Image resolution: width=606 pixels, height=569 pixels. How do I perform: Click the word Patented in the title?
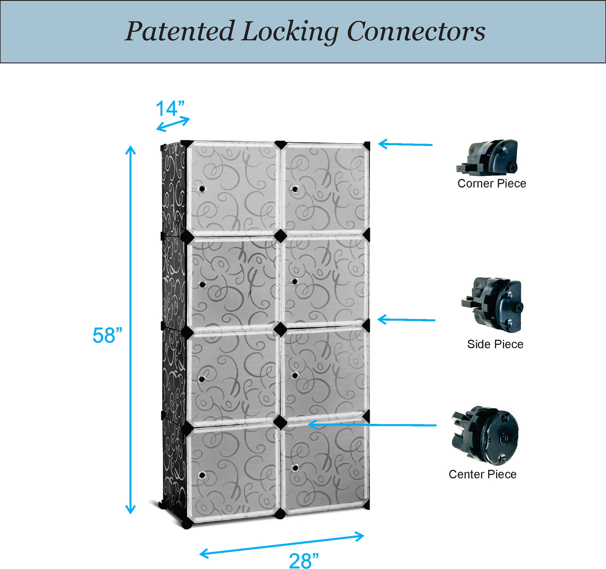pos(179,31)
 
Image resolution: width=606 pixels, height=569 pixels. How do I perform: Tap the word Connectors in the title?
pos(416,31)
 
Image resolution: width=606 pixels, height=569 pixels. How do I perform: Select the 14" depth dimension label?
pos(170,109)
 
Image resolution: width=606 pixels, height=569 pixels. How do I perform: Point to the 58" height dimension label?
pos(107,336)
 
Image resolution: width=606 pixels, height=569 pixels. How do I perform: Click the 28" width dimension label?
pos(304,561)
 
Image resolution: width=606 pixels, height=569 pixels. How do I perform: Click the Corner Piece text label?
pos(492,183)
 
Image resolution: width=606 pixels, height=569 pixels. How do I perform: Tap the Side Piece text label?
pos(495,344)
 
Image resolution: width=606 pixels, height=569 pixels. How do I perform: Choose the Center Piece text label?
pos(482,474)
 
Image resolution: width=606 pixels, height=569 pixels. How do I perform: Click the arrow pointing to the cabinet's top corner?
pos(405,144)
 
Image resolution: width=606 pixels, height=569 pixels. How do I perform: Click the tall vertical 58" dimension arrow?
pos(131,330)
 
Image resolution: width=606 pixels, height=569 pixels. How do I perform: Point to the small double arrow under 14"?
pos(173,124)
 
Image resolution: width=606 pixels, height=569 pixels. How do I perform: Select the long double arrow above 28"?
pos(282,545)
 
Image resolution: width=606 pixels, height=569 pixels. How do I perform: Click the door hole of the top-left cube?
pos(202,189)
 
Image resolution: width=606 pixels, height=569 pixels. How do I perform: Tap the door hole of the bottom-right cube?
pos(295,468)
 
